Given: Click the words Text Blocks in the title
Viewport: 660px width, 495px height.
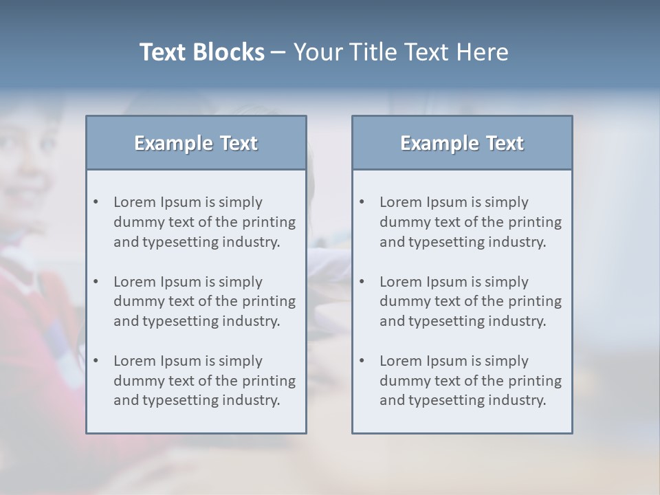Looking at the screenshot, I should [x=201, y=52].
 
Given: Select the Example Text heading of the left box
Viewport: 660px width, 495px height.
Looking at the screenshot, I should [x=196, y=143].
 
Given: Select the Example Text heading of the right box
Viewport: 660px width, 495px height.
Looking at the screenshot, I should [x=462, y=143].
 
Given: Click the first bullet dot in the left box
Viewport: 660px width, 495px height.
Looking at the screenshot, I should [x=96, y=202].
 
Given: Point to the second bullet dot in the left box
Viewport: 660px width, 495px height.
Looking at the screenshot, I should [x=96, y=282].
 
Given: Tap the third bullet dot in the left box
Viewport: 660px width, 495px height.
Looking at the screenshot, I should [x=96, y=361].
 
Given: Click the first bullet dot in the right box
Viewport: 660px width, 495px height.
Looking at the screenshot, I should [x=362, y=202].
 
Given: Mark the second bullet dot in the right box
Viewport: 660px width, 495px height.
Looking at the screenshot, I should [x=362, y=282].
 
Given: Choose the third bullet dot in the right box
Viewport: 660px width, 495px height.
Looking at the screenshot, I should [x=362, y=361].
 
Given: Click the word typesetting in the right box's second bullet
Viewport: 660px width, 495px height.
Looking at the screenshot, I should [x=444, y=321].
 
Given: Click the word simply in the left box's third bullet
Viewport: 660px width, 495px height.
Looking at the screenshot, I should [x=240, y=361].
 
